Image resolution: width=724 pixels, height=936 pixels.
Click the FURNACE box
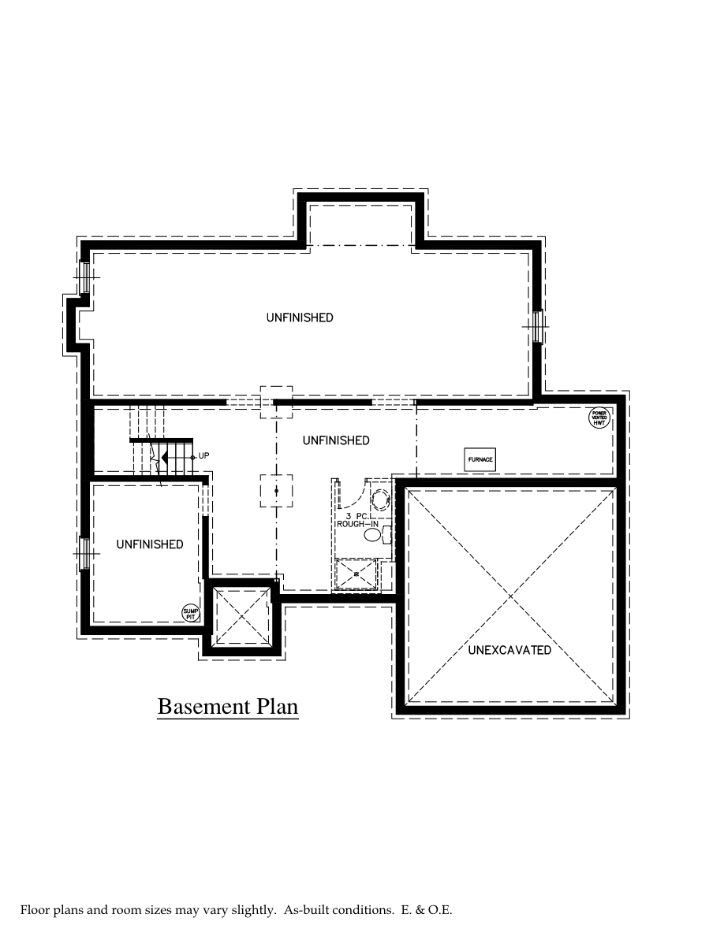pyautogui.click(x=480, y=459)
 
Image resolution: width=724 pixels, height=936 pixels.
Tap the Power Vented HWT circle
pyautogui.click(x=600, y=418)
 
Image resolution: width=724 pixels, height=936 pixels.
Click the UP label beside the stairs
pyautogui.click(x=203, y=456)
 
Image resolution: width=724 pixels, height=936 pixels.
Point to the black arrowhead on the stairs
pyautogui.click(x=164, y=457)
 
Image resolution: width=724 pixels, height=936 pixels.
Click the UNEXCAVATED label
pyautogui.click(x=509, y=651)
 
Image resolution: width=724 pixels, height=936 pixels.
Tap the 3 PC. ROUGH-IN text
pyautogui.click(x=357, y=519)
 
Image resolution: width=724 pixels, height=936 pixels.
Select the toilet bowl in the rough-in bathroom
pyautogui.click(x=373, y=535)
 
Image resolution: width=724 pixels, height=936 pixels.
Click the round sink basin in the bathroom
pyautogui.click(x=381, y=500)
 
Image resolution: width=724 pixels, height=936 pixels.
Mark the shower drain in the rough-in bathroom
pyautogui.click(x=356, y=574)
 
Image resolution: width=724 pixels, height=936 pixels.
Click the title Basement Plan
pyautogui.click(x=228, y=706)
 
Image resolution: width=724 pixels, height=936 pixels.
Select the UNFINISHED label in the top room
pyautogui.click(x=300, y=318)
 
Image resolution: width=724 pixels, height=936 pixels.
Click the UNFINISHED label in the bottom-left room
pyautogui.click(x=150, y=544)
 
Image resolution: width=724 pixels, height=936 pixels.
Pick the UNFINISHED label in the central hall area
pyautogui.click(x=336, y=440)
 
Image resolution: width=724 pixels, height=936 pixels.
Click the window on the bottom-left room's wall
pyautogui.click(x=83, y=553)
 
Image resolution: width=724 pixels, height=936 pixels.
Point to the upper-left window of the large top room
pyautogui.click(x=84, y=277)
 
